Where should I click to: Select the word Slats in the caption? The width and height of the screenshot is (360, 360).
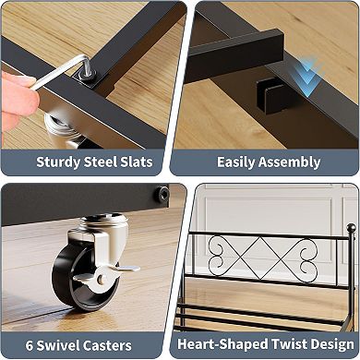(x=137, y=162)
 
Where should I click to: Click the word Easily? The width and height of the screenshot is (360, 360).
(x=236, y=162)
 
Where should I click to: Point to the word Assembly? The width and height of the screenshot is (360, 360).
(x=290, y=162)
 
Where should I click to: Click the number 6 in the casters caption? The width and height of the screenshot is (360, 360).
(x=30, y=345)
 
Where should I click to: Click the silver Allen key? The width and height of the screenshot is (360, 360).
(x=60, y=72)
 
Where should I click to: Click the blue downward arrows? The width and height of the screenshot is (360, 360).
(x=308, y=77)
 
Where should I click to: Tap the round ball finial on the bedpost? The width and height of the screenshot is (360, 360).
(x=351, y=228)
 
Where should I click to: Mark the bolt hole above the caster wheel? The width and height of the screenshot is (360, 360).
(x=162, y=194)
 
